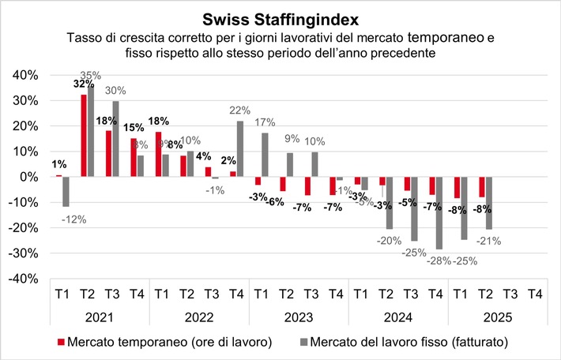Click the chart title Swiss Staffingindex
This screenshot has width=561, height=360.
[x=280, y=18]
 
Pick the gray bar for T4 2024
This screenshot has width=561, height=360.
[x=438, y=213]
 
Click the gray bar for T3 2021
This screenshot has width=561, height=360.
[x=116, y=139]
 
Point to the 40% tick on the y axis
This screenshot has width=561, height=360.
[x=24, y=75]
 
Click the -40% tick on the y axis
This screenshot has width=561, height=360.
[x=22, y=279]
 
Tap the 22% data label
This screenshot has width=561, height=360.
[x=240, y=111]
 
